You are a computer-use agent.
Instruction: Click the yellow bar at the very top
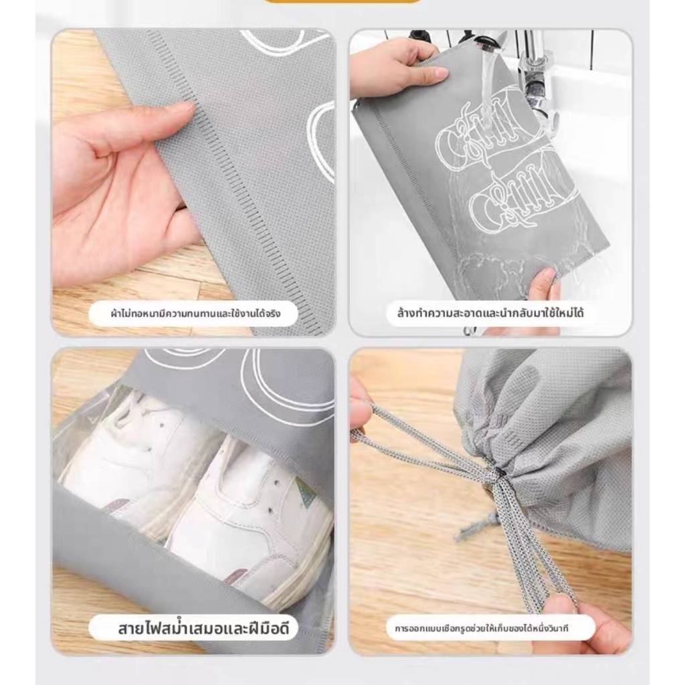coord(342,1)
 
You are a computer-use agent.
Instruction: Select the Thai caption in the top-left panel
coord(195,313)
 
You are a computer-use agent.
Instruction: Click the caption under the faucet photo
coord(490,313)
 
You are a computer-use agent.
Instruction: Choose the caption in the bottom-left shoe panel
coord(203,629)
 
